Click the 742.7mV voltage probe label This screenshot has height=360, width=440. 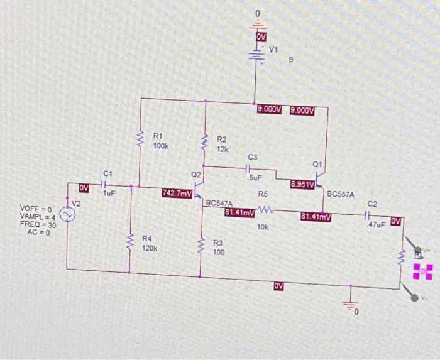[177, 194]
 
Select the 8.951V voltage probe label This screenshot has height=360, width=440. [303, 184]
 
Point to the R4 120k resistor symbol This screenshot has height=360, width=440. [130, 241]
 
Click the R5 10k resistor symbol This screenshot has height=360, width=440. [264, 210]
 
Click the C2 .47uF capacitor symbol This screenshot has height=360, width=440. [370, 215]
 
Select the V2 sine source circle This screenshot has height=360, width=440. [67, 215]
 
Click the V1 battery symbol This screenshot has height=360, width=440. [256, 55]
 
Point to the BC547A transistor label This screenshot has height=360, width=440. [219, 204]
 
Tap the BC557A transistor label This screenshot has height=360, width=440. [341, 194]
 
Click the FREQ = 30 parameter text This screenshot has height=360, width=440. [38, 224]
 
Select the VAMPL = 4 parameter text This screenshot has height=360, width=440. [38, 216]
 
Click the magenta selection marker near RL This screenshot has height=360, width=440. [424, 271]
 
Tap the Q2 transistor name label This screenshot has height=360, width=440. [196, 173]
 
